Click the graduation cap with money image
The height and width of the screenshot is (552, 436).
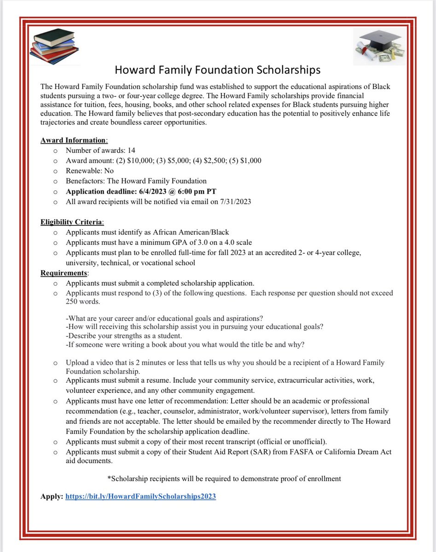coord(378,46)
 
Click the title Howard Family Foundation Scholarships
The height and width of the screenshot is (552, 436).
coord(217,70)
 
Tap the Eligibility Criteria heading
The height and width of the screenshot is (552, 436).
coord(72,223)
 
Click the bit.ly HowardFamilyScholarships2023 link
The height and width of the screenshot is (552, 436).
coord(140,496)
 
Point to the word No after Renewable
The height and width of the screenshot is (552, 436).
coord(109,171)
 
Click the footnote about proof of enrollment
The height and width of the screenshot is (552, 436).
coord(224,478)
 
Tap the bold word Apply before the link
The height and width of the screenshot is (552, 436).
coord(51,496)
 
